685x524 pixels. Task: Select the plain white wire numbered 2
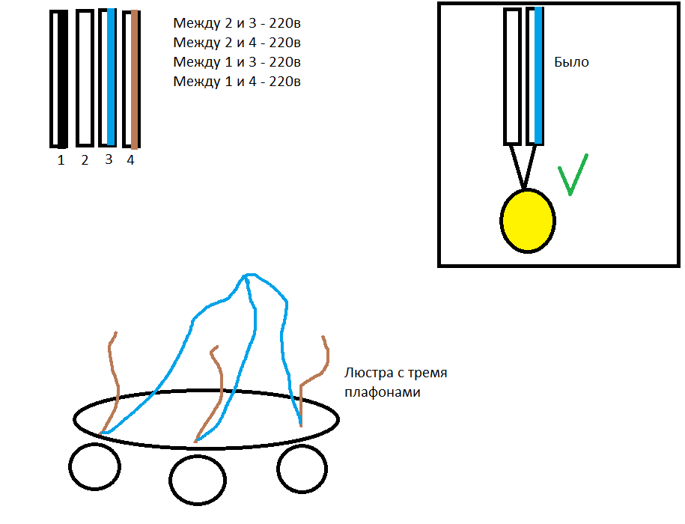pyautogui.click(x=85, y=79)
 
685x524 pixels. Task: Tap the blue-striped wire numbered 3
pyautogui.click(x=108, y=78)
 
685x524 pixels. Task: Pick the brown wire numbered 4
pyautogui.click(x=132, y=79)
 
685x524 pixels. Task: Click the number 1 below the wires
pyautogui.click(x=61, y=160)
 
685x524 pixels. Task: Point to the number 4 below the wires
pyautogui.click(x=130, y=160)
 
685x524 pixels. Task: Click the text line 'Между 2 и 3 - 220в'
pyautogui.click(x=237, y=23)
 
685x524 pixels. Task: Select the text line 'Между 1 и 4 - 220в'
pyautogui.click(x=237, y=82)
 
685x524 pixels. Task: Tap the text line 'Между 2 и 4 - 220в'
pyautogui.click(x=237, y=43)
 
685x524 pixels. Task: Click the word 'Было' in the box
pyautogui.click(x=571, y=63)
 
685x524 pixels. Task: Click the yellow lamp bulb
pyautogui.click(x=527, y=221)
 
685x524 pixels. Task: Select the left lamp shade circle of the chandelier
pyautogui.click(x=94, y=466)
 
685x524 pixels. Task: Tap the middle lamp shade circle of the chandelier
pyautogui.click(x=197, y=479)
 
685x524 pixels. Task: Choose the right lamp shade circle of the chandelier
pyautogui.click(x=302, y=466)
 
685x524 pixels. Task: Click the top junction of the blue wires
pyautogui.click(x=246, y=278)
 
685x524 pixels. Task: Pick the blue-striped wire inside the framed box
pyautogui.click(x=535, y=76)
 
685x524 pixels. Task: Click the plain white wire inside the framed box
pyautogui.click(x=512, y=76)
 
